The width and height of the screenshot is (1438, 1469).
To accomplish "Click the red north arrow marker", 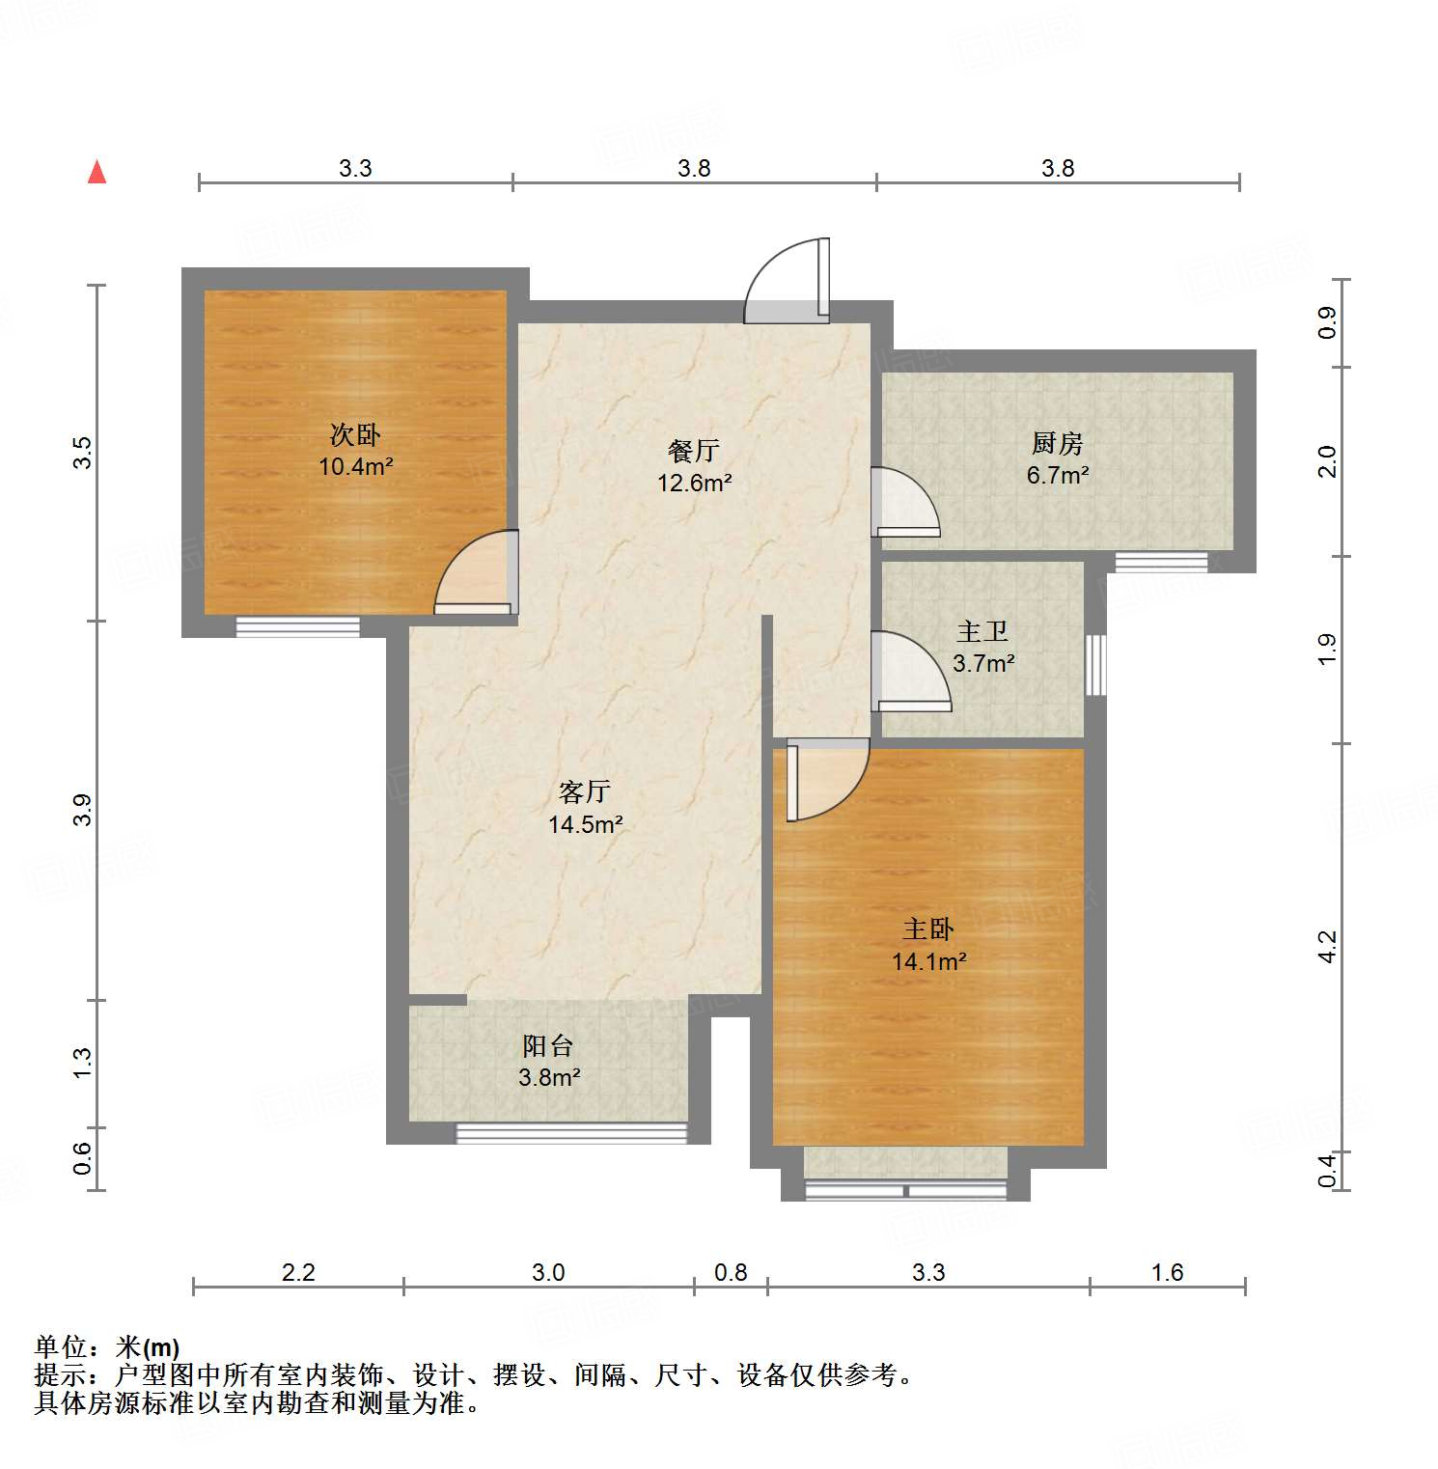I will pos(97,173).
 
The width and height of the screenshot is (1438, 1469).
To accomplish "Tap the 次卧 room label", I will pos(355,435).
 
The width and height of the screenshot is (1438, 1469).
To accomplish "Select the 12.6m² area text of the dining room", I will pos(694,483).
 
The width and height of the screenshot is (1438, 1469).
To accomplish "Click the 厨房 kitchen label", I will pos(1057,443).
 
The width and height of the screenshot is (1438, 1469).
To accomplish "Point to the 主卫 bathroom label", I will pos(982,631).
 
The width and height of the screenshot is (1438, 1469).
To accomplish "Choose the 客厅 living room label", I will pos(585,791).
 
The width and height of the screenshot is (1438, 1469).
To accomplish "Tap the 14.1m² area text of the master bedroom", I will pos(928,961).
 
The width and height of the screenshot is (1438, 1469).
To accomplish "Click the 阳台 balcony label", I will pos(548,1045).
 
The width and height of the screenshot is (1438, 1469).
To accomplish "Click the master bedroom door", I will pos(825,777).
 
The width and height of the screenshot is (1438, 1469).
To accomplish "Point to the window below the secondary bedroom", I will pos(297,626).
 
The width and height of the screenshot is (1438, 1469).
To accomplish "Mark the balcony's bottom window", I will pos(571,1133).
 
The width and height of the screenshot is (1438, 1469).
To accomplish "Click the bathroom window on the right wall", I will pos(1095,664).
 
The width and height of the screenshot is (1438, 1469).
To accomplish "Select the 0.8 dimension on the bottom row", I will pos(731,1272).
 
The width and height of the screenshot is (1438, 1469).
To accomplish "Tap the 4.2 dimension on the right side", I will pos(1328,946).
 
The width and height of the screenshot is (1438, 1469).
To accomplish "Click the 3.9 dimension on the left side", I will pos(83,809).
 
